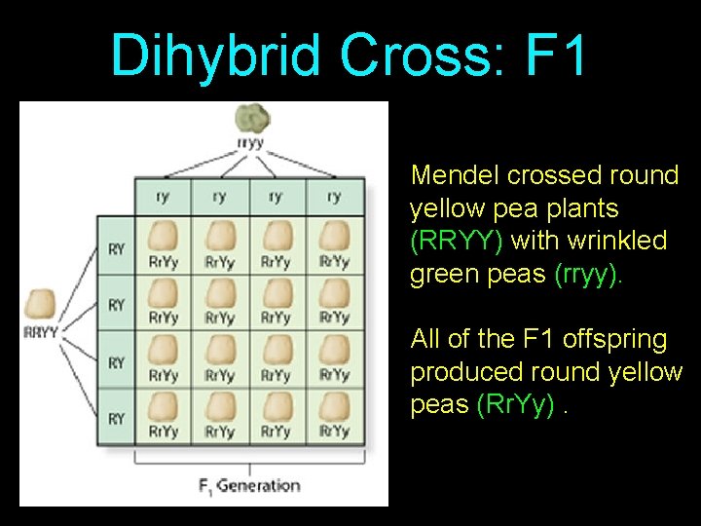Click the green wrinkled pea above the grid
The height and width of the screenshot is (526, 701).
click(253, 119)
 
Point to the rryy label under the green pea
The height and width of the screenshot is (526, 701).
click(250, 143)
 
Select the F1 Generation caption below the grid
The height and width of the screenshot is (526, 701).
click(250, 484)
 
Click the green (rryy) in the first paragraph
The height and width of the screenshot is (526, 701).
click(586, 274)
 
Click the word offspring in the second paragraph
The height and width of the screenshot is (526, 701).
click(610, 339)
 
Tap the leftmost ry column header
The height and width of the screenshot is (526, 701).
click(163, 196)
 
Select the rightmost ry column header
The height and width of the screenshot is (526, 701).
click(334, 196)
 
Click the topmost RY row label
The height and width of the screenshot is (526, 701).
click(116, 249)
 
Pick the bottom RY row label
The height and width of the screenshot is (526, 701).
click(116, 418)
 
